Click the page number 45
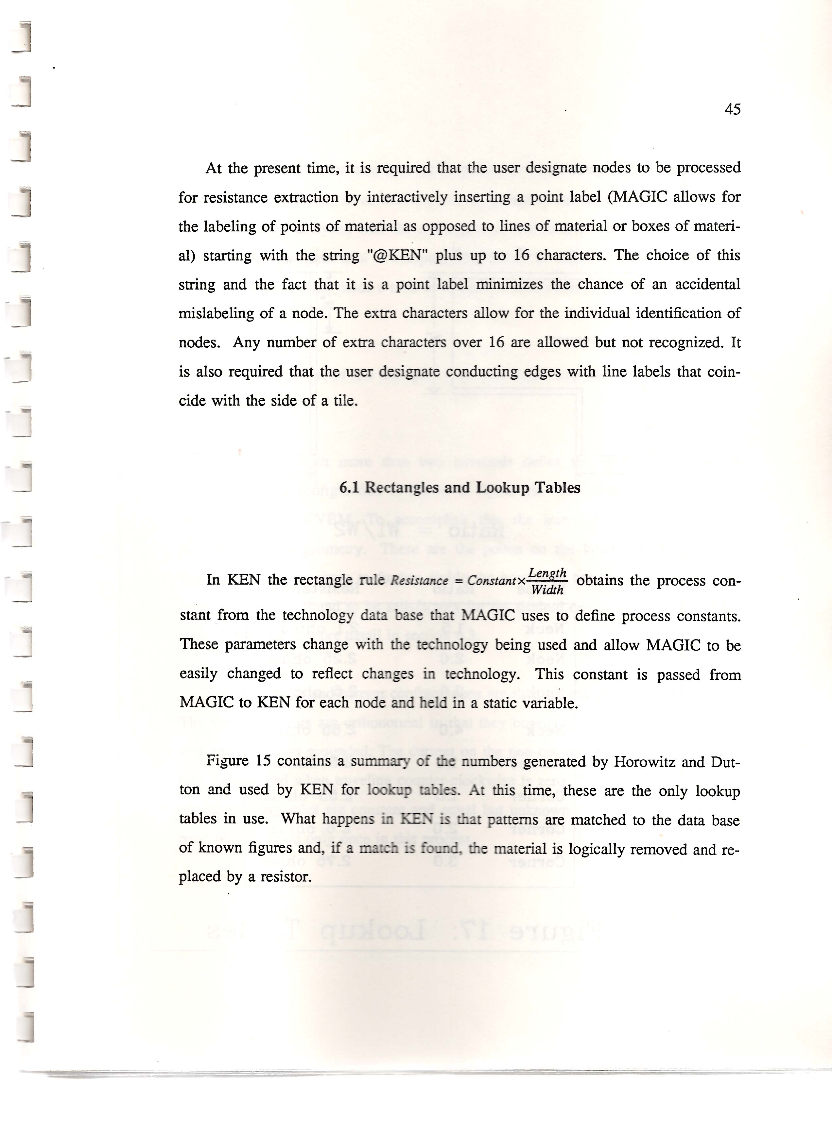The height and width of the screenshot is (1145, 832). coord(732,109)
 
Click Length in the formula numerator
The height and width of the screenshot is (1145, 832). coord(547,573)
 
